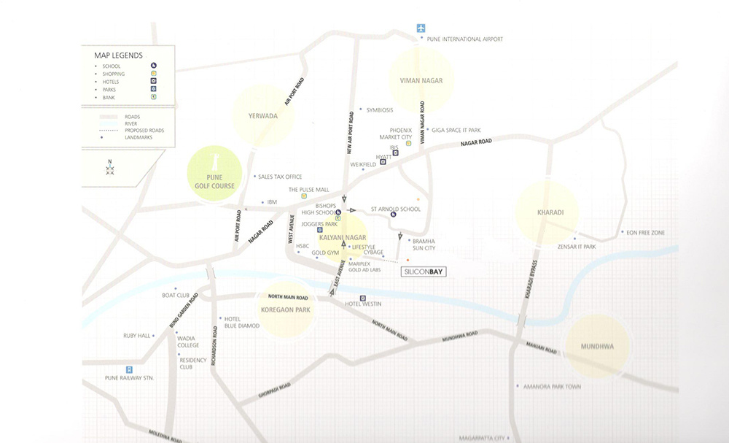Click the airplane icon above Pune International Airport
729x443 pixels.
pos(421,28)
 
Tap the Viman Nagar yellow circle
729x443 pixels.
pos(421,80)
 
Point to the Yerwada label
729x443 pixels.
pos(262,115)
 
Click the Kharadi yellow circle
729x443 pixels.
pos(547,212)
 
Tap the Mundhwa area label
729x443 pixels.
pos(597,347)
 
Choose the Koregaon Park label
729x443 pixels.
pos(290,310)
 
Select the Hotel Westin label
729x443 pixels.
pos(363,304)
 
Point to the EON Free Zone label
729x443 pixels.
pos(645,233)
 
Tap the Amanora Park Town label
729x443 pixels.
pos(552,387)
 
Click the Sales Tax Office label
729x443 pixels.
pos(280,177)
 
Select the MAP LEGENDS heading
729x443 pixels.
pos(118,55)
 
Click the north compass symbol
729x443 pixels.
pos(110,168)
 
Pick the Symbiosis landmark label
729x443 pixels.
pos(379,110)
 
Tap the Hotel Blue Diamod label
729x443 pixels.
pos(241,322)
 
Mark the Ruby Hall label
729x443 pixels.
pos(136,336)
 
